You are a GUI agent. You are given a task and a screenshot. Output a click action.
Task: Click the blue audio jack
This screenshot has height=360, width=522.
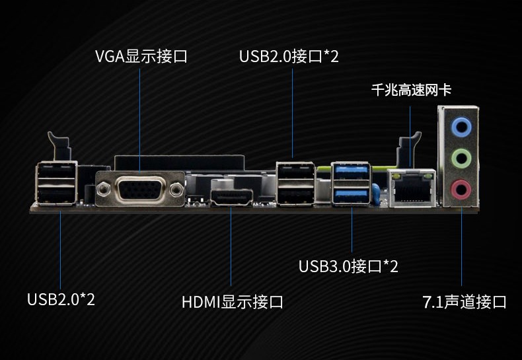point(461,126)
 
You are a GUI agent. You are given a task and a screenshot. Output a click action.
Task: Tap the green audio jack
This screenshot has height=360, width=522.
point(461,159)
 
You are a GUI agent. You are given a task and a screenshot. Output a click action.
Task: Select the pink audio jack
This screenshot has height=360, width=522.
point(461,190)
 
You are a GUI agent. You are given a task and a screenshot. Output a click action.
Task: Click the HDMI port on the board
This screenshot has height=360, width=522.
point(232,198)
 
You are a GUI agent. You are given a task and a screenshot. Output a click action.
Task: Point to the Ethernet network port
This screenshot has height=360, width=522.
point(412,188)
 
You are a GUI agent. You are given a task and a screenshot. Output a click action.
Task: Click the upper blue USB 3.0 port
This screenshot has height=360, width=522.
point(352,171)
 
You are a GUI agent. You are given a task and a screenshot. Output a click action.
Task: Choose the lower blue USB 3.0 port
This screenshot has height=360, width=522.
point(352,195)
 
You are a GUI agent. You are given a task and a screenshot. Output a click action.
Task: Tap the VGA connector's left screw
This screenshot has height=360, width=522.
point(104,190)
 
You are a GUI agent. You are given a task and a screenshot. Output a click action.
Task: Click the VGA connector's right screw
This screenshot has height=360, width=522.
point(176,190)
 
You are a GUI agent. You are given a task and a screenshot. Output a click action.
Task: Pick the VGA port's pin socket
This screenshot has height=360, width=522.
point(140,189)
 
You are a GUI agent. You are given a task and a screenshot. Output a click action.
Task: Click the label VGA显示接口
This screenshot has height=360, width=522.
point(141,56)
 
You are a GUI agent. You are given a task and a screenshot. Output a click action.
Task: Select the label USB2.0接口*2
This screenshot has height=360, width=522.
point(289,56)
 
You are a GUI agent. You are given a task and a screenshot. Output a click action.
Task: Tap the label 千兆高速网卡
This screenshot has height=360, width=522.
point(411,90)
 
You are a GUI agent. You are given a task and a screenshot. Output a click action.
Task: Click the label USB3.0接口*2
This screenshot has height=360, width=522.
point(348,266)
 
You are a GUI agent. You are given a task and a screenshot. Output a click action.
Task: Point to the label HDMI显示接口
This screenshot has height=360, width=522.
point(233,302)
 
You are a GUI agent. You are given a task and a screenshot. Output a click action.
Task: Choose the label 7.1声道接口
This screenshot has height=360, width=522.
point(465,302)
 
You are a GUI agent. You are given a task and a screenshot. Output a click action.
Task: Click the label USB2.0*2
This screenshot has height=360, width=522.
point(61,299)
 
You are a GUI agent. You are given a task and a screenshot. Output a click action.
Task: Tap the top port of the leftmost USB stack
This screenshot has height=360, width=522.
point(56,170)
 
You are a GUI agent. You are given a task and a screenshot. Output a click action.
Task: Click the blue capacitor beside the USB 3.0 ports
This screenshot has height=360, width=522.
point(375,194)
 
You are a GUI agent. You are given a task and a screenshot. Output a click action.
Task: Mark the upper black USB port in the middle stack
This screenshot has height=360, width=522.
point(295,172)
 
